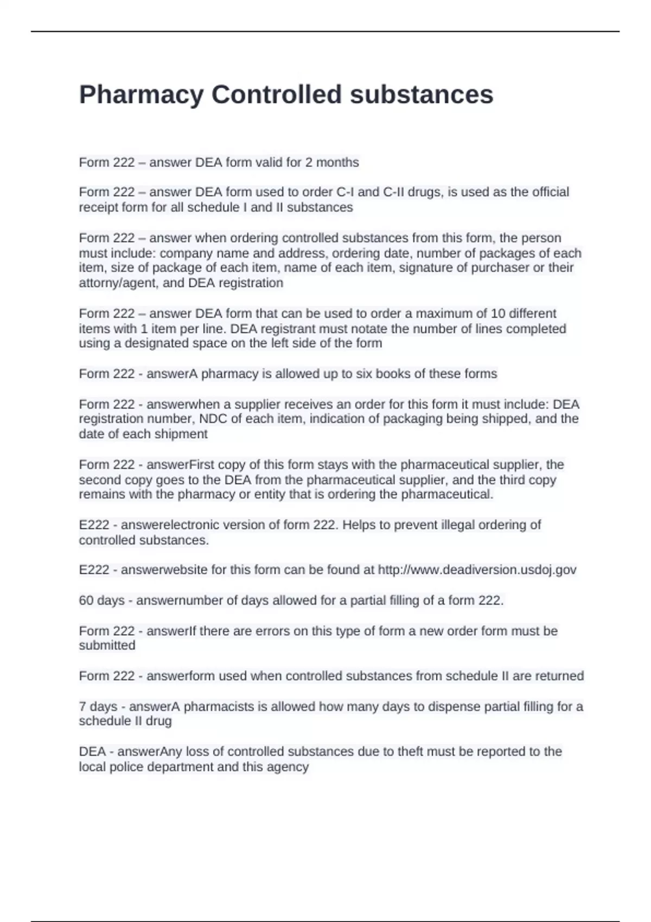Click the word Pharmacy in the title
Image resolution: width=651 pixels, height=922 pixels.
pos(141,95)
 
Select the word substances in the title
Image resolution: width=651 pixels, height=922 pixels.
pos(422,95)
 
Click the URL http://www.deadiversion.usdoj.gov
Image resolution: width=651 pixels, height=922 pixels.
pos(477,570)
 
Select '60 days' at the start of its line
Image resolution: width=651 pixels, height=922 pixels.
pos(101,600)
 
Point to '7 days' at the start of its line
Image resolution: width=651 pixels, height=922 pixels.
pos(98,707)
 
